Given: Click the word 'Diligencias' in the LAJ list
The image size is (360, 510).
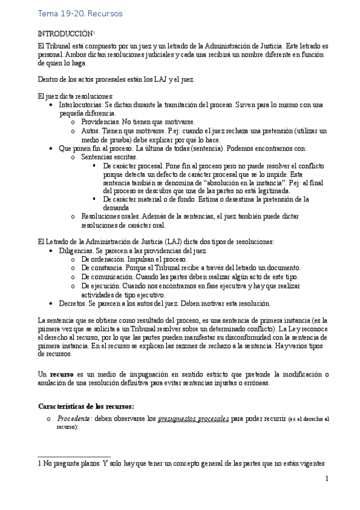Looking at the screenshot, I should tap(76, 250).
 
